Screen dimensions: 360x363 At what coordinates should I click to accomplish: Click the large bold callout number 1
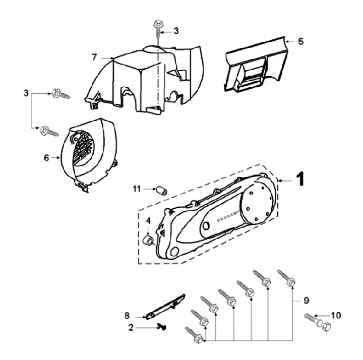pos(299,179)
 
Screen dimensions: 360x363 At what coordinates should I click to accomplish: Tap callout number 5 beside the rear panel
pos(300,41)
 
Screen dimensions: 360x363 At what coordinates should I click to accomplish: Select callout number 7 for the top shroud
pos(94,56)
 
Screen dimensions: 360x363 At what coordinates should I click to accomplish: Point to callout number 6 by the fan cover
pos(46,157)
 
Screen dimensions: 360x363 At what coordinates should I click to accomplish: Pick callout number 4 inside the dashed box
pos(148,220)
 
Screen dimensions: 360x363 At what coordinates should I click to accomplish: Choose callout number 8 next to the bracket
pos(127,316)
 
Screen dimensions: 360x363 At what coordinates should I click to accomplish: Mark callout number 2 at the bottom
pos(131,327)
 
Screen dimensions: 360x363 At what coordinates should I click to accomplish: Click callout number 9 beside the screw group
pos(306,301)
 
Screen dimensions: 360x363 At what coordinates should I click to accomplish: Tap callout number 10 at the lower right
pos(336,316)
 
